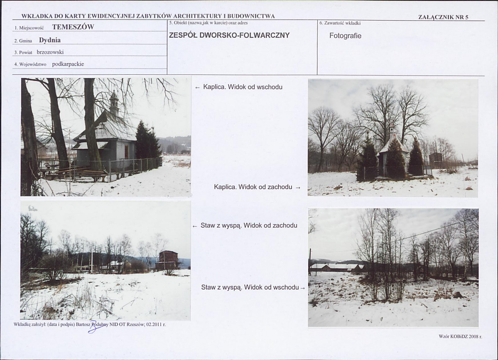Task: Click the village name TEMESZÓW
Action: click(73, 27)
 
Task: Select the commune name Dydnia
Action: click(50, 40)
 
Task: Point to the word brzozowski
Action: click(50, 52)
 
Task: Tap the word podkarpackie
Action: click(68, 64)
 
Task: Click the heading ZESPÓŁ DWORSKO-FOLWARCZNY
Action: click(229, 35)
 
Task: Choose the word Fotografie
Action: click(345, 36)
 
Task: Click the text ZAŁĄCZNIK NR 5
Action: click(443, 17)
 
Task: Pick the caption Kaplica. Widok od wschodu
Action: click(243, 87)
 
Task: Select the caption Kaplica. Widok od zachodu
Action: click(253, 187)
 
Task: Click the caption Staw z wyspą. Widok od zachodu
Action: click(249, 226)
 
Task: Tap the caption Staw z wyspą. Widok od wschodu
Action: click(250, 287)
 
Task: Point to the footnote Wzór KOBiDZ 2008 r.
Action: click(460, 336)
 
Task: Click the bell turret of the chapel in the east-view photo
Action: click(114, 103)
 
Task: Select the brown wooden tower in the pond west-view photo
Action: click(167, 260)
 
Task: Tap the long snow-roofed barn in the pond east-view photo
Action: click(336, 267)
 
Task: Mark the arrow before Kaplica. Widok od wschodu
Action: click(198, 87)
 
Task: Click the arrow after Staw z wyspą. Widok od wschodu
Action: click(303, 288)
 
